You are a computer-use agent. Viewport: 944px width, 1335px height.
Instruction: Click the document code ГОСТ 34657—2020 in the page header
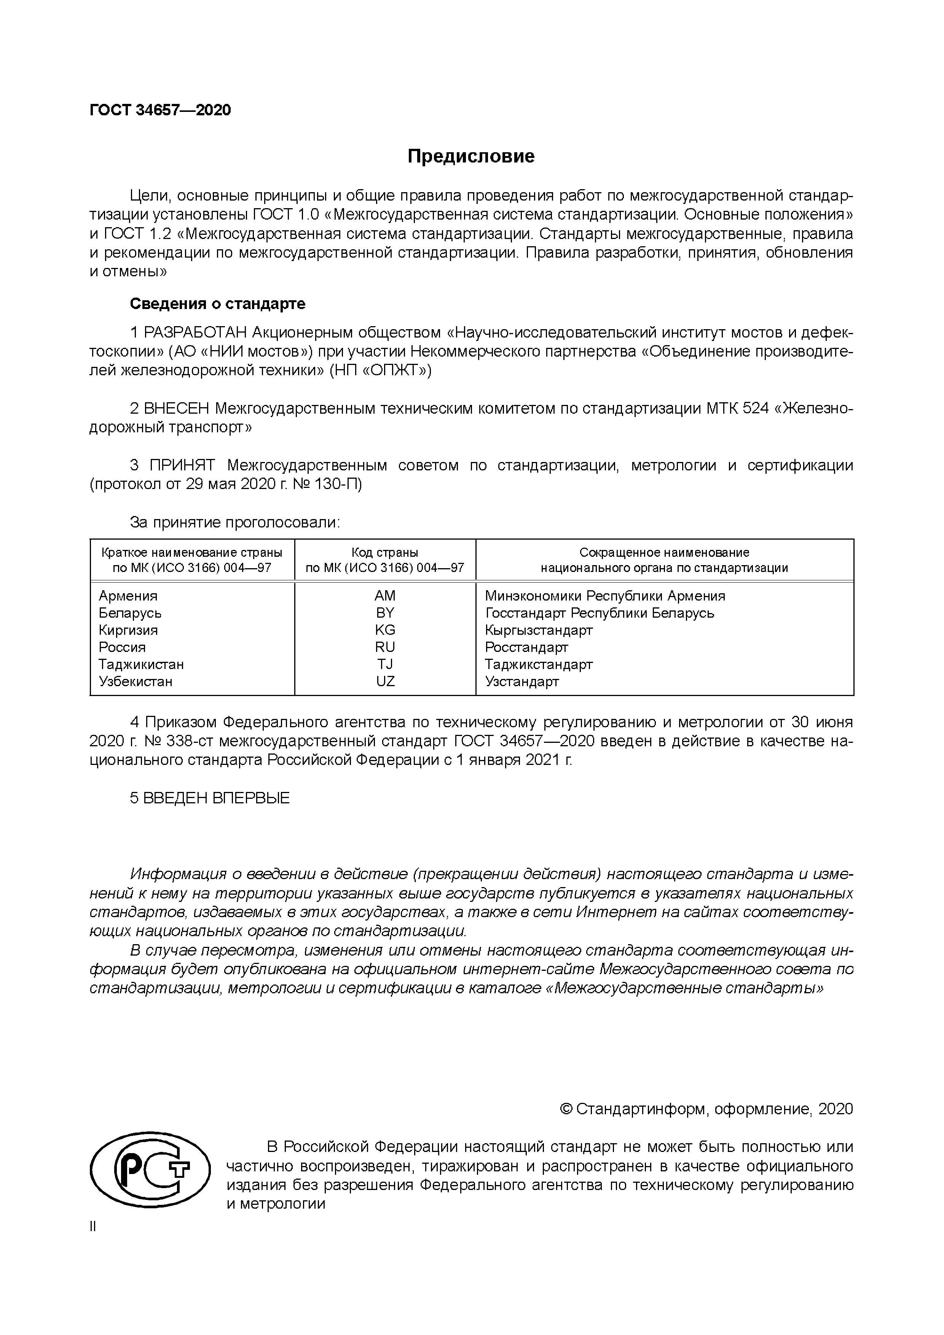[160, 110]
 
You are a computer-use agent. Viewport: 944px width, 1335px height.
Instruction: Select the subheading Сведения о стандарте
[217, 304]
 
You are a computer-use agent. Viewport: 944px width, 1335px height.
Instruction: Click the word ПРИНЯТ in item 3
[182, 465]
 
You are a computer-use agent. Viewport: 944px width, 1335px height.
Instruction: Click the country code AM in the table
[385, 596]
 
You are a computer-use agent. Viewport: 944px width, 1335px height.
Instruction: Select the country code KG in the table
[385, 630]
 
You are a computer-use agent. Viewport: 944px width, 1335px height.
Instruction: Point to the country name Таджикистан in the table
[141, 664]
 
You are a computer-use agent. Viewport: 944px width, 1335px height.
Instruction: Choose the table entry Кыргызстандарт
[539, 630]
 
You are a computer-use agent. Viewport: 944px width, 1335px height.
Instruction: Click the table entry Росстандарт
[526, 648]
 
